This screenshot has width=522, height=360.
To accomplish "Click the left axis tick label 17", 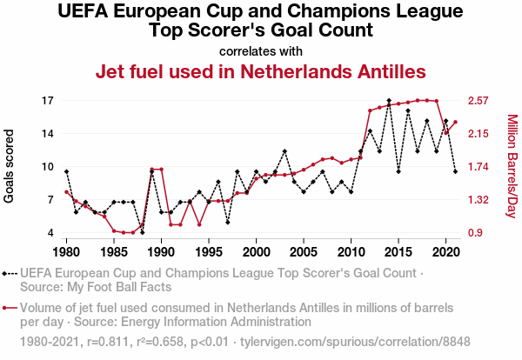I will (x=48, y=101).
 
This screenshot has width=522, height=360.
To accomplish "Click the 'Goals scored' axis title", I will (x=10, y=167).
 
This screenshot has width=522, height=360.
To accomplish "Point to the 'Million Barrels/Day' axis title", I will (x=512, y=167).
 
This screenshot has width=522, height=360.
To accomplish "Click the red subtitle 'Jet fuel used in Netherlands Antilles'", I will (x=260, y=70).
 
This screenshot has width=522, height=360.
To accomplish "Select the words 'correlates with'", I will (x=260, y=50).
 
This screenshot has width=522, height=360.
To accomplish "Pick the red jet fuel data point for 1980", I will (x=66, y=191).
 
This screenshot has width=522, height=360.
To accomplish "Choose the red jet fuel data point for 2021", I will (x=455, y=122).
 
